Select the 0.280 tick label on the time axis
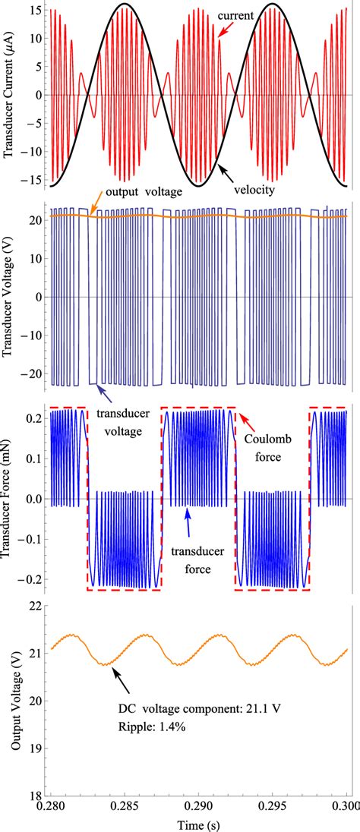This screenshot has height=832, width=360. tap(49, 807)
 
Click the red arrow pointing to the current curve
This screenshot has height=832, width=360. tap(223, 30)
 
